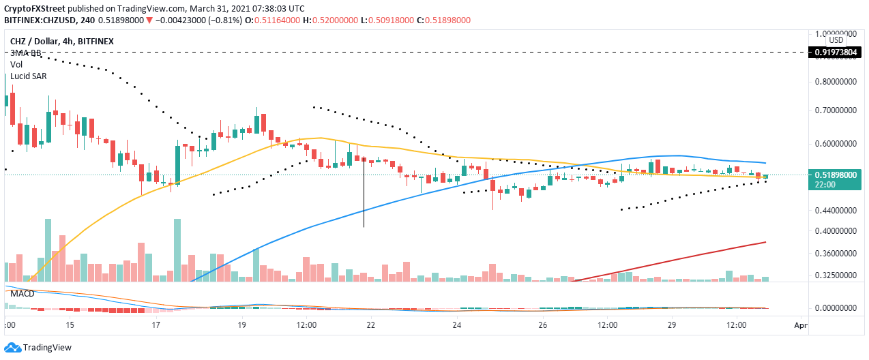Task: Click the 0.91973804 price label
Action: (837, 52)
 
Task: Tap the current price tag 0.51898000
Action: (837, 175)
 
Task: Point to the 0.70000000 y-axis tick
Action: (837, 110)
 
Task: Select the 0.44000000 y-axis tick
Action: (837, 211)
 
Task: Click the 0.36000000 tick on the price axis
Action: (837, 254)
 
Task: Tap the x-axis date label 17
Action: (156, 326)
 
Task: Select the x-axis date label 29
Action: (672, 326)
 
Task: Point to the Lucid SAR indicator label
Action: (28, 76)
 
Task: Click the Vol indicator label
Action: (16, 65)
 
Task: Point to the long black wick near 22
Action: (364, 198)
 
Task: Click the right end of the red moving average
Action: (765, 242)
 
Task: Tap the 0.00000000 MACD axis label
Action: (837, 308)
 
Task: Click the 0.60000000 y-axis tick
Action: (837, 145)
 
